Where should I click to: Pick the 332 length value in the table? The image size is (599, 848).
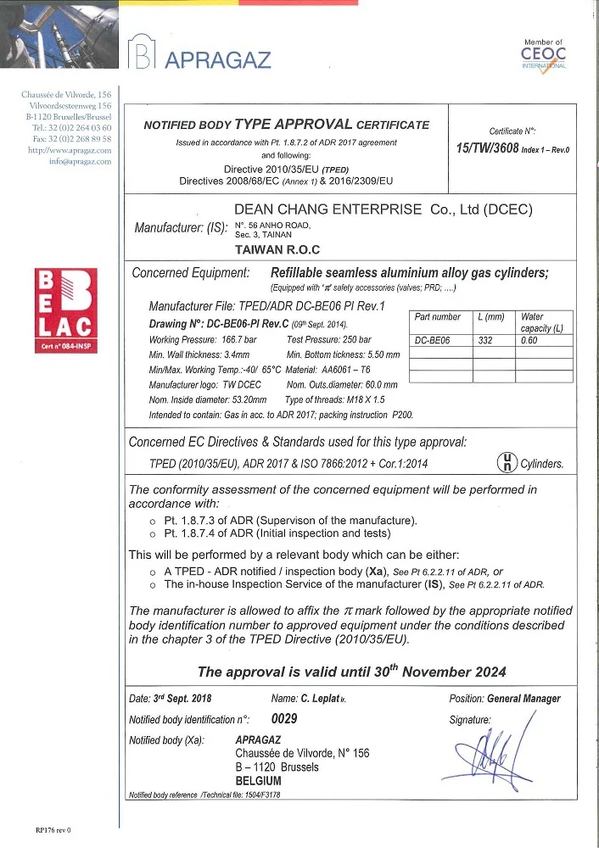[x=485, y=339]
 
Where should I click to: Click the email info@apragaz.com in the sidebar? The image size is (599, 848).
[x=81, y=161]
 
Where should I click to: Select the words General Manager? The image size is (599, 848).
[x=523, y=699]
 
